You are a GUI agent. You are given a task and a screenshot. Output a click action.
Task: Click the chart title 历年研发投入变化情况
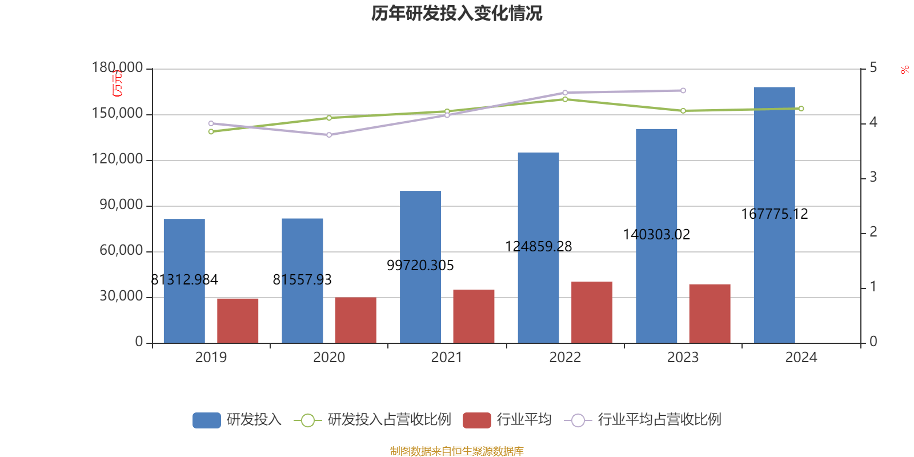coord(456,13)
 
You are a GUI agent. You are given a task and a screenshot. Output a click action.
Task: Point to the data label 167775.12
coord(775,214)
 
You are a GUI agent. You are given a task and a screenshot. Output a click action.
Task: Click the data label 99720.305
coord(420,266)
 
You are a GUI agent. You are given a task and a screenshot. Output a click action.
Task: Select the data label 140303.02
coord(656,235)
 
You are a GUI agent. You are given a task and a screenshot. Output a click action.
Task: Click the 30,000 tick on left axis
coord(121,296)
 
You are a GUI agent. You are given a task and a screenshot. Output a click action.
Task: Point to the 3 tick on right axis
coord(873,178)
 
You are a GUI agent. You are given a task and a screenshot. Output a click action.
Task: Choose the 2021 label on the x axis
coord(447,358)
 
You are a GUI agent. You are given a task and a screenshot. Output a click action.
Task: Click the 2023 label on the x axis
coord(683,358)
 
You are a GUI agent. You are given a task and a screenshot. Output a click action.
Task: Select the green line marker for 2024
coord(801,109)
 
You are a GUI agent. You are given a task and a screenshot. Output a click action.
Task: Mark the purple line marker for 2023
coord(683,90)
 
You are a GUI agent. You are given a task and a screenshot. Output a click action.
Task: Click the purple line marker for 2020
coord(329,135)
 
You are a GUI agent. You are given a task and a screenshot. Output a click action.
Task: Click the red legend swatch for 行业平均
coord(476,420)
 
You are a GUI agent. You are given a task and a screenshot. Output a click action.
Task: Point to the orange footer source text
coord(456,451)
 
